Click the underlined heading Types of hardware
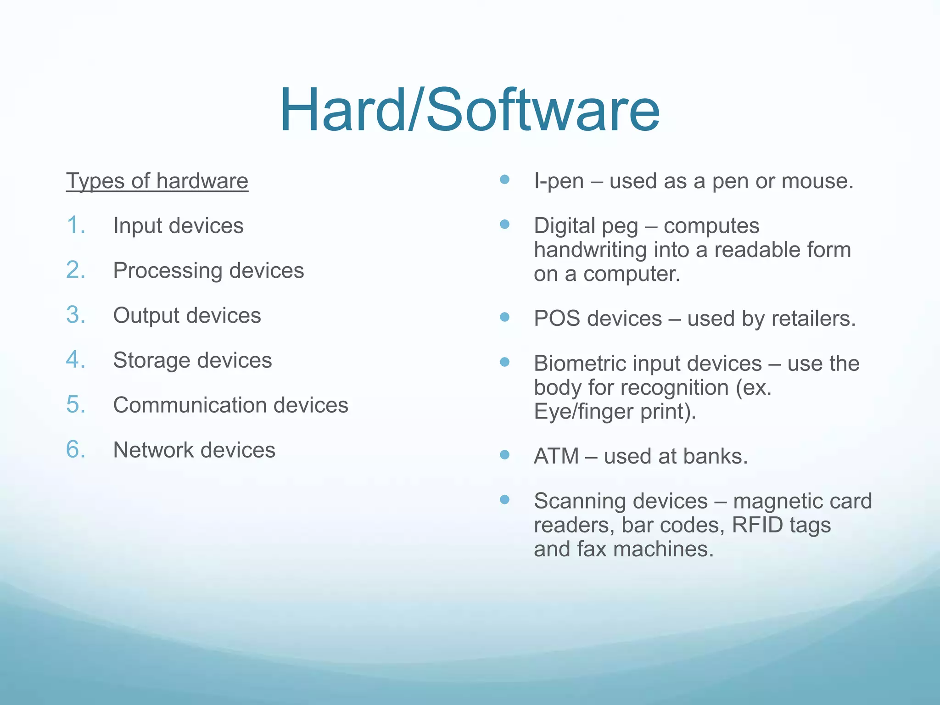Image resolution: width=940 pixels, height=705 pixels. point(157,181)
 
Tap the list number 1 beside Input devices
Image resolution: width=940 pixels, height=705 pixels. point(76,225)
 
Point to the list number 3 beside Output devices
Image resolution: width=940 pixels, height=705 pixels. point(76,315)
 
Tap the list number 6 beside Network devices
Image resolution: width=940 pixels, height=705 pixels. point(76,449)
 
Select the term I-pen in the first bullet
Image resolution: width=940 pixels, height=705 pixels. point(559,181)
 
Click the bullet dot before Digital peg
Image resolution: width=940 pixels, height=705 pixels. point(505,224)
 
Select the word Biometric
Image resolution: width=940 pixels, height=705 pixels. point(579,364)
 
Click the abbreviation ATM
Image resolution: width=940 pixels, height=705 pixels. point(556,456)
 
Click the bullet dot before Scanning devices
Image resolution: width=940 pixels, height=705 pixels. point(505,499)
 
